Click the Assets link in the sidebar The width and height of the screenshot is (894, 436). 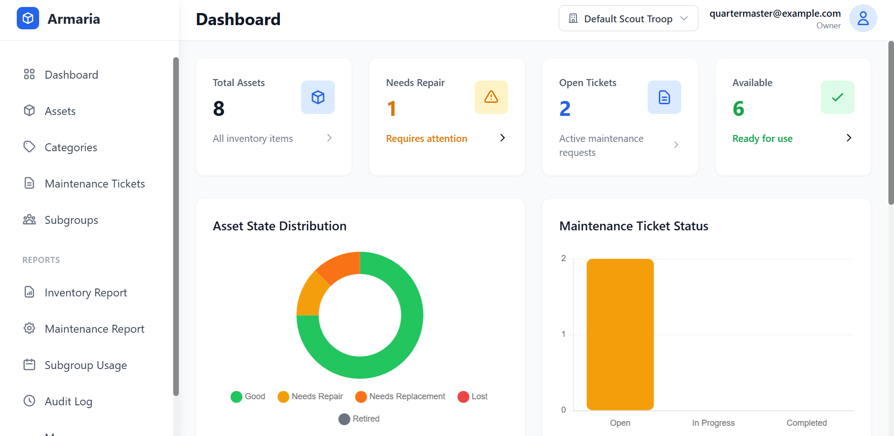60,111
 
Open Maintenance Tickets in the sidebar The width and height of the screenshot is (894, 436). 95,184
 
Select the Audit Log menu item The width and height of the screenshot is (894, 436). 68,402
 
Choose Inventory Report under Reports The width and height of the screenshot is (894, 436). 86,293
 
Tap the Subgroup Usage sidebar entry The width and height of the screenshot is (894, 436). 86,365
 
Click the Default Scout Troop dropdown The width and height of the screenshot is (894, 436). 628,19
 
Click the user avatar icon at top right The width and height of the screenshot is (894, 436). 863,19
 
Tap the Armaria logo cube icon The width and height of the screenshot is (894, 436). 28,19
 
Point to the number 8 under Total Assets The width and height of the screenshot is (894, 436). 219,109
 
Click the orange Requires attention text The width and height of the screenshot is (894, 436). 427,139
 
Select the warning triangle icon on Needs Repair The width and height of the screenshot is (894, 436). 491,97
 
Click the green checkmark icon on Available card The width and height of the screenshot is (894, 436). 837,97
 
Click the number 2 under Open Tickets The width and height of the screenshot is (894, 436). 565,109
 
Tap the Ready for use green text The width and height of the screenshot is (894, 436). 762,139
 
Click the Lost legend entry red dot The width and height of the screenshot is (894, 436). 463,397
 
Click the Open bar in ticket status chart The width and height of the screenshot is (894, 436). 620,334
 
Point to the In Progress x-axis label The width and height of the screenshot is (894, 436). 713,423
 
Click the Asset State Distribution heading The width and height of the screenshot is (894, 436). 279,226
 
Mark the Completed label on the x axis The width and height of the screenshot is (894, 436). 806,423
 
